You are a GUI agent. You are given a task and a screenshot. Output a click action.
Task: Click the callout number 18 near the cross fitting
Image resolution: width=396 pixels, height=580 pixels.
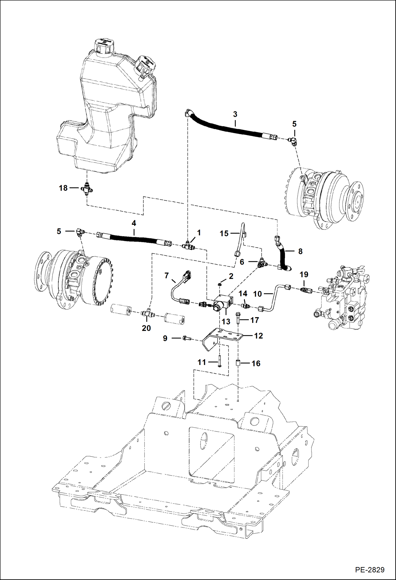[63, 188]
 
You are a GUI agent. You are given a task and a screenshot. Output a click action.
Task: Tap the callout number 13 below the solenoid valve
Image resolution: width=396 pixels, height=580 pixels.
[226, 322]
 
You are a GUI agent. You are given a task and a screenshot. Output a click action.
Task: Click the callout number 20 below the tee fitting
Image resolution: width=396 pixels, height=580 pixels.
[146, 328]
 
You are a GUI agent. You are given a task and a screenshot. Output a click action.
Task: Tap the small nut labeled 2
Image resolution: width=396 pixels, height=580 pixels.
[220, 284]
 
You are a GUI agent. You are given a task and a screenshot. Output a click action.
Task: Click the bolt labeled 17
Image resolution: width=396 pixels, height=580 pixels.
[238, 317]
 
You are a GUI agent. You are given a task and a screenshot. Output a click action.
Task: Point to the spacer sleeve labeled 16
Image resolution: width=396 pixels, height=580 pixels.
[238, 363]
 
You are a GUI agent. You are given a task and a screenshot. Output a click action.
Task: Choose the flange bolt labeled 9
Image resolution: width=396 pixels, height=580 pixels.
[185, 338]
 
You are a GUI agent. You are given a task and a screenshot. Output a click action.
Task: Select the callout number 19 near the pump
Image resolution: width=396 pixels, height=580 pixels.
[304, 275]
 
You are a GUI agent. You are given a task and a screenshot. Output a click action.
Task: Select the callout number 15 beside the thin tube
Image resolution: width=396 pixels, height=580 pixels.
[224, 234]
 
